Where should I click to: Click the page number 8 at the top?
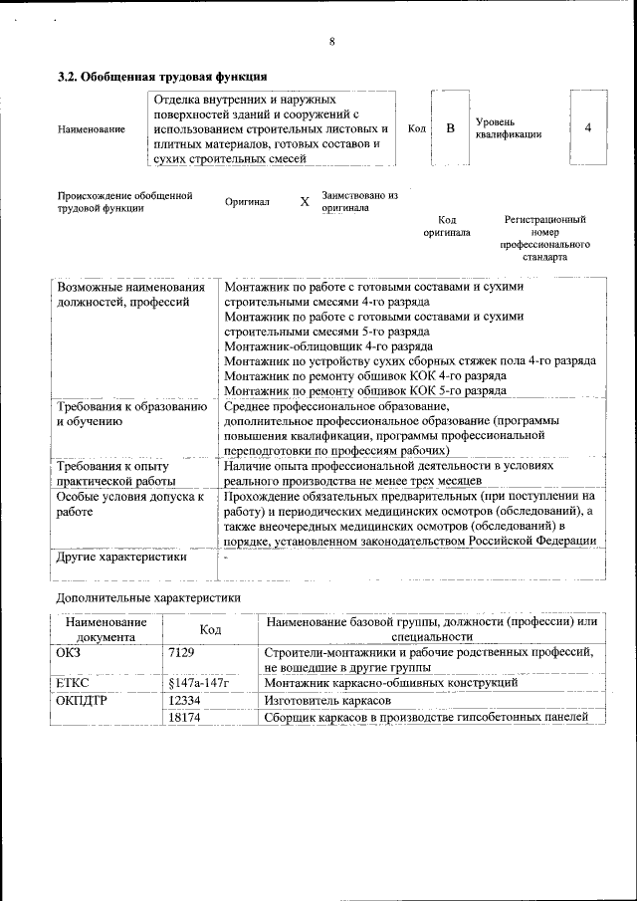(x=331, y=41)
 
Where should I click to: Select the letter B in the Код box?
(x=450, y=128)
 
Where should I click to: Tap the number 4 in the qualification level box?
(x=588, y=128)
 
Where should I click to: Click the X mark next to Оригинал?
(x=305, y=202)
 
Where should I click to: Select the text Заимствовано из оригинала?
(x=359, y=202)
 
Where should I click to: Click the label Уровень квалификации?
(x=508, y=127)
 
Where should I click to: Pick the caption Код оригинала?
(x=447, y=226)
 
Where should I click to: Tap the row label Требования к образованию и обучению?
(x=131, y=413)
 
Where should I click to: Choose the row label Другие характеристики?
(x=121, y=558)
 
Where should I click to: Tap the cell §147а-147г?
(x=199, y=684)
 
